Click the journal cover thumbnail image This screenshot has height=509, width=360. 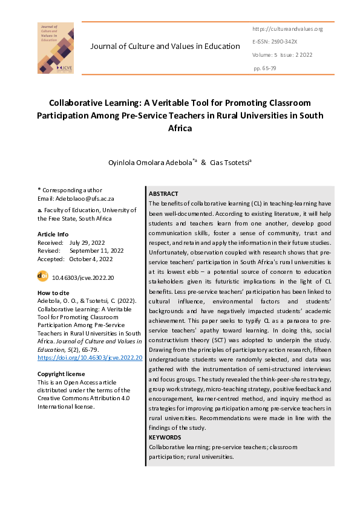pyautogui.click(x=55, y=48)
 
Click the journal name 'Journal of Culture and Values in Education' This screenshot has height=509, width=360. pyautogui.click(x=165, y=47)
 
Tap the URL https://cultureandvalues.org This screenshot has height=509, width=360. pyautogui.click(x=287, y=29)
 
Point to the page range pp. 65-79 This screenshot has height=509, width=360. pyautogui.click(x=265, y=68)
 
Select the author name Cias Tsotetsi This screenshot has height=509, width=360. pyautogui.click(x=231, y=163)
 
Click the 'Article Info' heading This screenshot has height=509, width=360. pyautogui.click(x=53, y=234)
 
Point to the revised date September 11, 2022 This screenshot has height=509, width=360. pyautogui.click(x=96, y=250)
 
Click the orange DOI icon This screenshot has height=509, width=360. pyautogui.click(x=43, y=276)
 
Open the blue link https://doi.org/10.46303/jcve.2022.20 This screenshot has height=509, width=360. pyautogui.click(x=90, y=358)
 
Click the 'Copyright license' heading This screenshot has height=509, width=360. pyautogui.click(x=62, y=373)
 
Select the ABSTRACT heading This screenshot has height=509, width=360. pyautogui.click(x=163, y=193)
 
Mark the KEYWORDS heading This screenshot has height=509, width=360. pyautogui.click(x=165, y=436)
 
